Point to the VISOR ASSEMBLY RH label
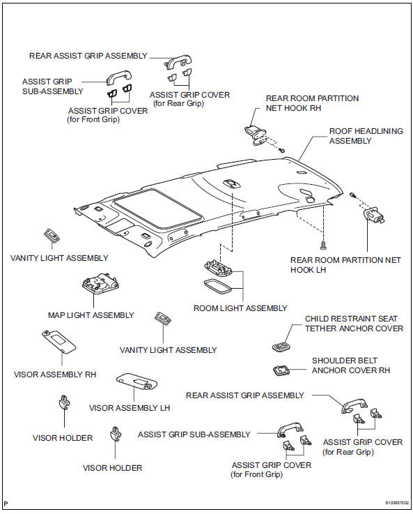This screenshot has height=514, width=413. click(x=55, y=375)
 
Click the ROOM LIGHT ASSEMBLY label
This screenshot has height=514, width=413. click(x=240, y=308)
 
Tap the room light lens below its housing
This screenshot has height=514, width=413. click(x=219, y=287)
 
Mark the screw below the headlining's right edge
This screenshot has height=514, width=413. click(x=324, y=245)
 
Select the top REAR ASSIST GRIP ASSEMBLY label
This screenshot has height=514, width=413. click(x=88, y=56)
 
